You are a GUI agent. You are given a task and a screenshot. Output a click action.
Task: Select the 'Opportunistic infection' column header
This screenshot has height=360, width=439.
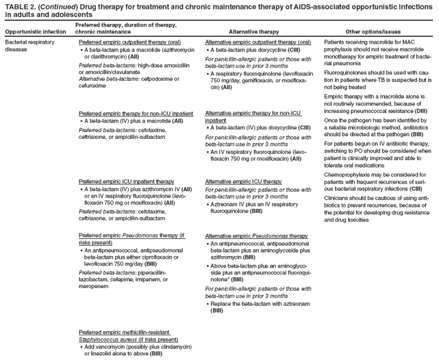click(x=36, y=32)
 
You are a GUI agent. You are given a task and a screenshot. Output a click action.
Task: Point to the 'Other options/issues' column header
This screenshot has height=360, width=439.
click(x=373, y=32)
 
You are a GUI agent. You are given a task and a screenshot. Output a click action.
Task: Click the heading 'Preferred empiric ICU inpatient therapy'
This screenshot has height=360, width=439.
click(x=127, y=181)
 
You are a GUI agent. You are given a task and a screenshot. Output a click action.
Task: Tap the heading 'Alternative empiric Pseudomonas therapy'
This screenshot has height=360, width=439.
click(x=256, y=235)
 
